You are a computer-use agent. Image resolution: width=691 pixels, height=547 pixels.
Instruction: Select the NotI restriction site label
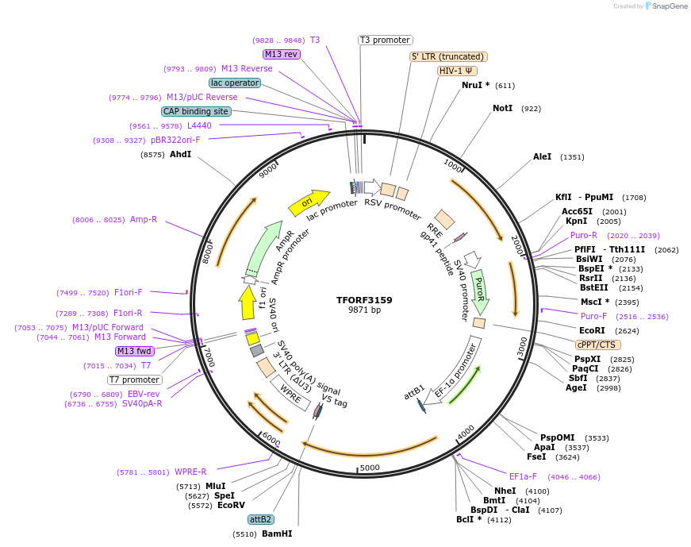(x=502, y=108)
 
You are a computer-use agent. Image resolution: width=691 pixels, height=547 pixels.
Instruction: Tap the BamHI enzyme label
(x=277, y=534)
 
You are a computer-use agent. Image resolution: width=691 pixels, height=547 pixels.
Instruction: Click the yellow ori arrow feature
(x=309, y=203)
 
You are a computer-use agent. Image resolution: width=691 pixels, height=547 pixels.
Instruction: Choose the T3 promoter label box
(x=385, y=40)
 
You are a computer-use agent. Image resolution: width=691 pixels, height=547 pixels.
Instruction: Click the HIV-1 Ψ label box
(x=457, y=71)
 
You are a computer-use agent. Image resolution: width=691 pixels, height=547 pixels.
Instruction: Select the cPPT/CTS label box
(x=597, y=345)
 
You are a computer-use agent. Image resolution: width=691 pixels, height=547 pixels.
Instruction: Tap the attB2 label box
(x=260, y=519)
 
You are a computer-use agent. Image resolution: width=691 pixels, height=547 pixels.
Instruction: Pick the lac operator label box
(x=235, y=83)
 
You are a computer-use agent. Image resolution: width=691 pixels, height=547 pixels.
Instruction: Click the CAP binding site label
(x=196, y=112)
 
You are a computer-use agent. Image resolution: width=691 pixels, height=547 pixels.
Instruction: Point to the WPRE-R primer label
(x=190, y=472)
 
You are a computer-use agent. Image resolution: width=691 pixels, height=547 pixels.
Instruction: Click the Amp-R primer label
(x=144, y=220)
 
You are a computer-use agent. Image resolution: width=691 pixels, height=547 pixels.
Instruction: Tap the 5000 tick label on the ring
(x=370, y=468)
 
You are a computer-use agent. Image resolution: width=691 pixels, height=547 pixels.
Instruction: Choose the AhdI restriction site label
(x=181, y=155)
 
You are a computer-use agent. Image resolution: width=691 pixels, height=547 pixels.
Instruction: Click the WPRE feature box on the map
(x=290, y=391)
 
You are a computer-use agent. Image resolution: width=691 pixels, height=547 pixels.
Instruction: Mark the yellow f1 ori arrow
(x=247, y=302)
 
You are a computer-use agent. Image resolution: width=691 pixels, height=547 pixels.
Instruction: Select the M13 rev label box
(x=281, y=54)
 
